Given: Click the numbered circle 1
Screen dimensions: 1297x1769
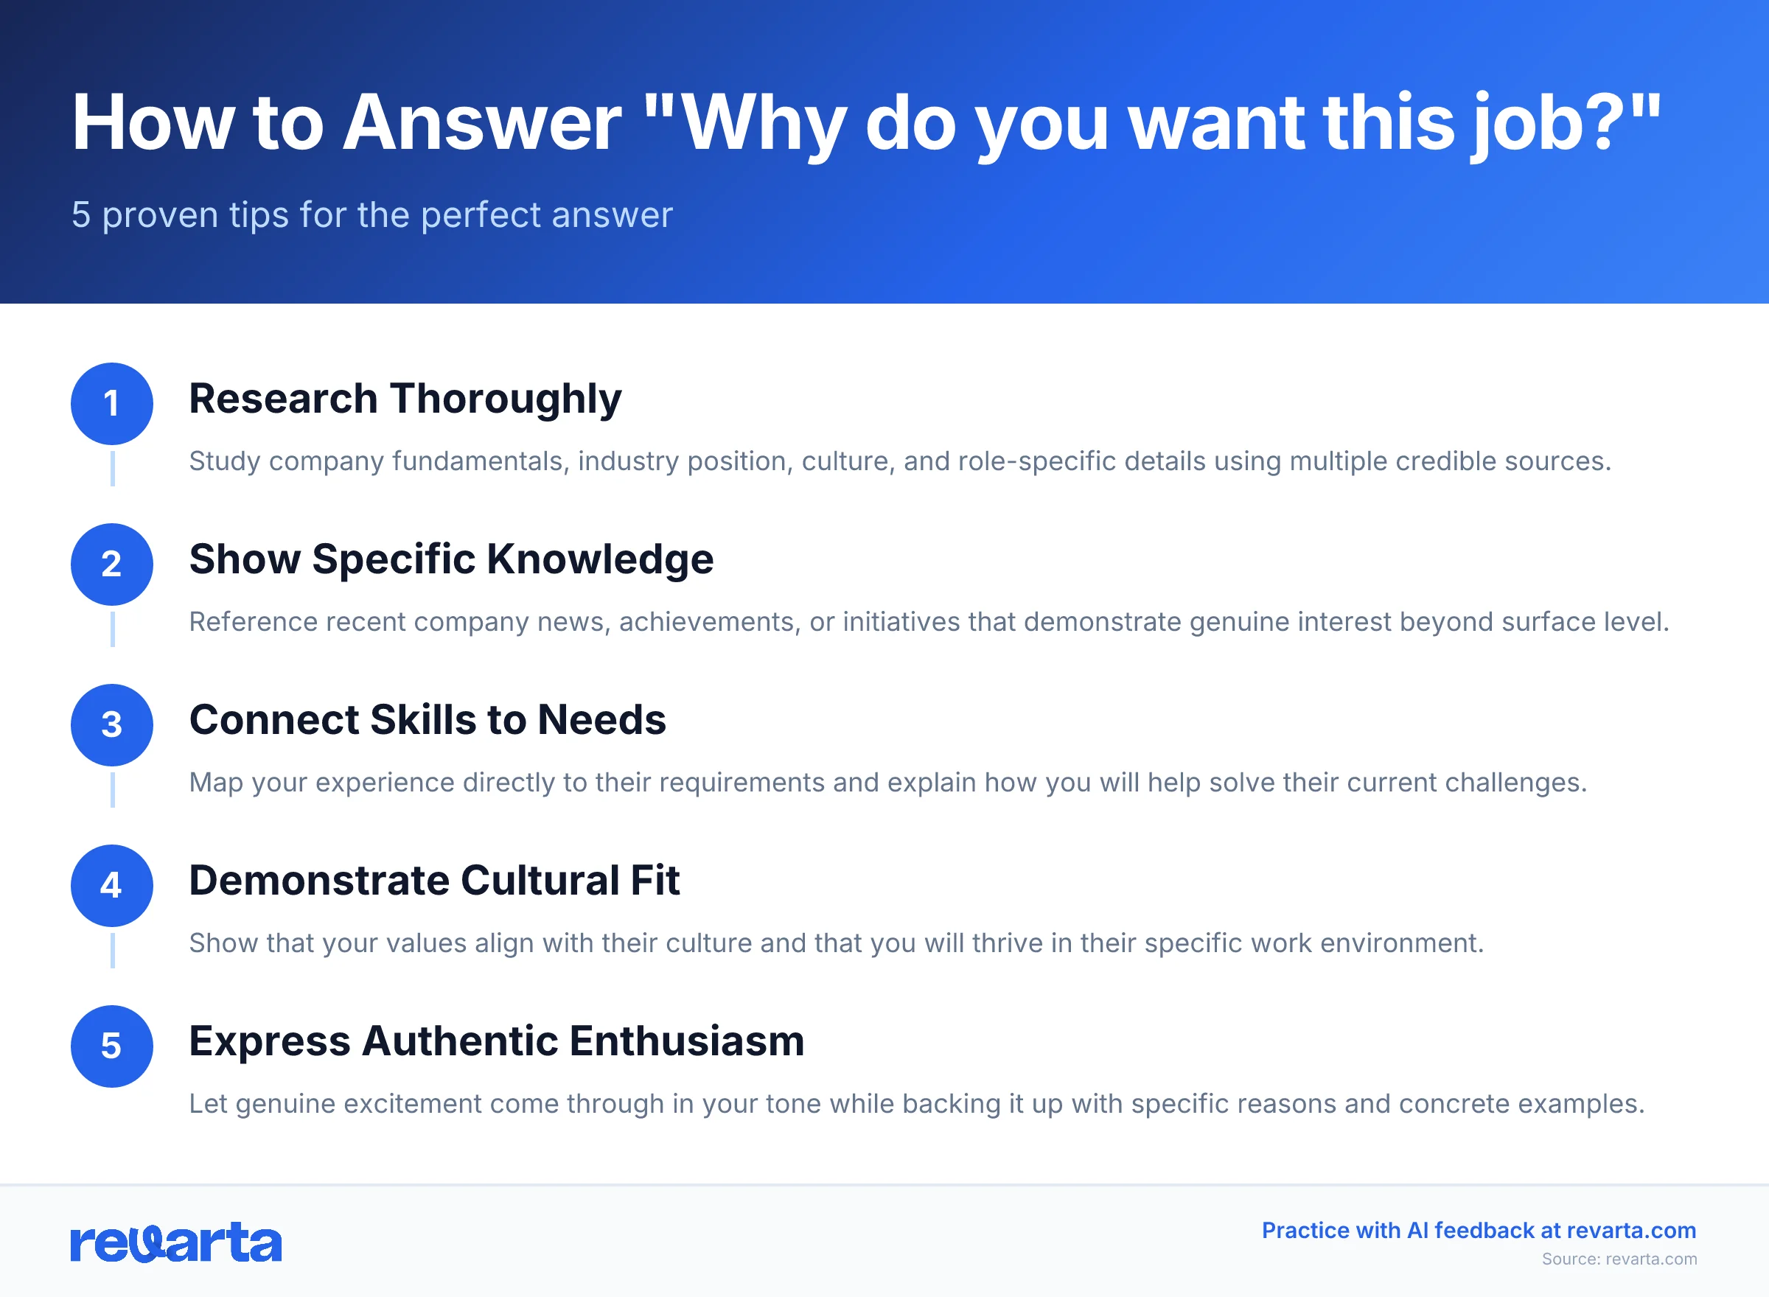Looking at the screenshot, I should point(111,404).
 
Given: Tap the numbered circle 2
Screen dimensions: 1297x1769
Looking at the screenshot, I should point(111,564).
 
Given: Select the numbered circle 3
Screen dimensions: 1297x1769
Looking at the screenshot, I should point(111,724).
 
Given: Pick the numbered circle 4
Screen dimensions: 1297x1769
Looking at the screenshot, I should point(111,886).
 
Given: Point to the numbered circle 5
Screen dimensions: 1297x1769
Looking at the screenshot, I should point(111,1046).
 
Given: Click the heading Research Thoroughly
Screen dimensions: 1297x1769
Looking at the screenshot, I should point(405,399).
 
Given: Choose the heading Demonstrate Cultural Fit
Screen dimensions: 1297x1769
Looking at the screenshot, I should point(434,880).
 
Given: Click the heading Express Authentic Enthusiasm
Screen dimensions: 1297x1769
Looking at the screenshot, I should point(496,1041).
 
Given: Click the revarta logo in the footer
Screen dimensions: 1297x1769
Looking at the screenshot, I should point(176,1242).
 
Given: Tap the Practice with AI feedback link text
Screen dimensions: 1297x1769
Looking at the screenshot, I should point(1479,1230).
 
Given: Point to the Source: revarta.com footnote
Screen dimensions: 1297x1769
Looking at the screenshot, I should point(1619,1259).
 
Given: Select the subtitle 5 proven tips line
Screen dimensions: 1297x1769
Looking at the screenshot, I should point(372,214).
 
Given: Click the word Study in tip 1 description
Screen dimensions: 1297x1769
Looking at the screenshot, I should point(225,461).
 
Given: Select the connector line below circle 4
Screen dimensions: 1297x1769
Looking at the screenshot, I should point(112,950).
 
